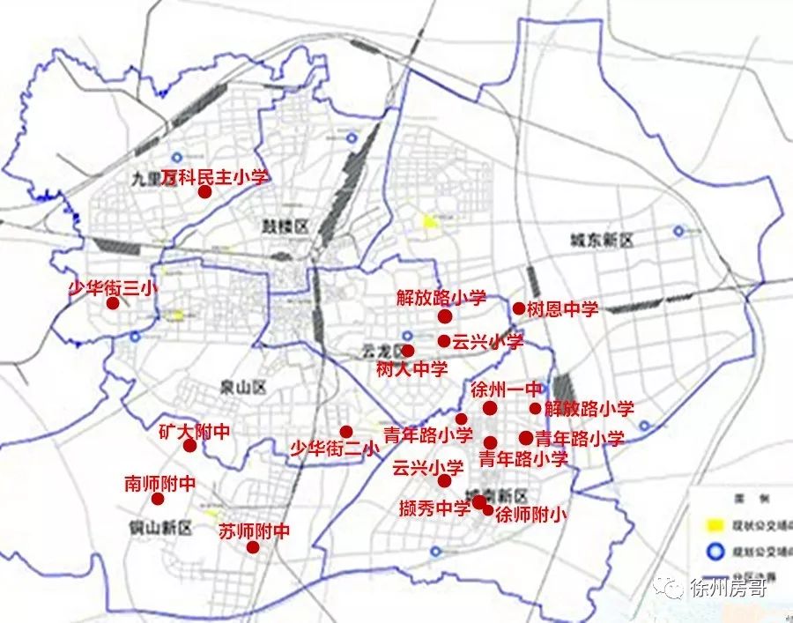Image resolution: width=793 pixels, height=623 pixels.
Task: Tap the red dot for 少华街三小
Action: (x=113, y=303)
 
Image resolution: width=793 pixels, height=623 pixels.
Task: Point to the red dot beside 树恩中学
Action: (x=519, y=308)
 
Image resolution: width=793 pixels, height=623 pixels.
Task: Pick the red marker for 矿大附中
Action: (x=189, y=445)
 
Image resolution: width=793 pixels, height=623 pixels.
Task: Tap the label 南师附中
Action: (x=159, y=483)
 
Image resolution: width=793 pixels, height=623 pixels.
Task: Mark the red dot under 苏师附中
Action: (x=253, y=547)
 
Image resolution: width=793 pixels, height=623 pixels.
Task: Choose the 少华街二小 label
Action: (x=334, y=449)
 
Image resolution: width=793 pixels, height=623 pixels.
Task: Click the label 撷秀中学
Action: (x=434, y=508)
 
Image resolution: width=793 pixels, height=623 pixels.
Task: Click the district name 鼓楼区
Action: (x=285, y=226)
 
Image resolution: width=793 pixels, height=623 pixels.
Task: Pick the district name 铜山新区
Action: (x=159, y=528)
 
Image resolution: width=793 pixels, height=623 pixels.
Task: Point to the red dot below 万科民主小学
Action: (x=204, y=192)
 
